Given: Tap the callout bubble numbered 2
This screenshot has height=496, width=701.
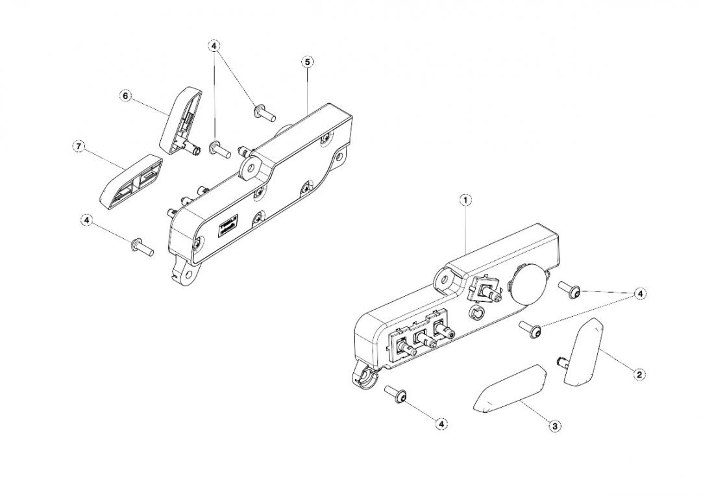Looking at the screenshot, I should click(x=639, y=374).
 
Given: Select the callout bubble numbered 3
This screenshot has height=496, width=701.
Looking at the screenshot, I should click(x=555, y=426).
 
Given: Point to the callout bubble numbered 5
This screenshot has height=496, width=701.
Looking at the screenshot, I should click(x=308, y=62).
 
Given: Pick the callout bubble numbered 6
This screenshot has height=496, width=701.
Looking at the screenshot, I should click(x=125, y=96).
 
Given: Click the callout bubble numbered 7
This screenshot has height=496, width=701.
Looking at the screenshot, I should click(x=78, y=147).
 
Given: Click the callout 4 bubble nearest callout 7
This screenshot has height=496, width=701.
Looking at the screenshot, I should click(x=86, y=221).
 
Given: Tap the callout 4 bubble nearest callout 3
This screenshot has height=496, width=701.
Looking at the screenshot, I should click(x=441, y=424).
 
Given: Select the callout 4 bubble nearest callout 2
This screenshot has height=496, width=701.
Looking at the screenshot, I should click(x=640, y=294).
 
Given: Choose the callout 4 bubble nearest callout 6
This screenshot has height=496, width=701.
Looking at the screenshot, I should click(x=214, y=46).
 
